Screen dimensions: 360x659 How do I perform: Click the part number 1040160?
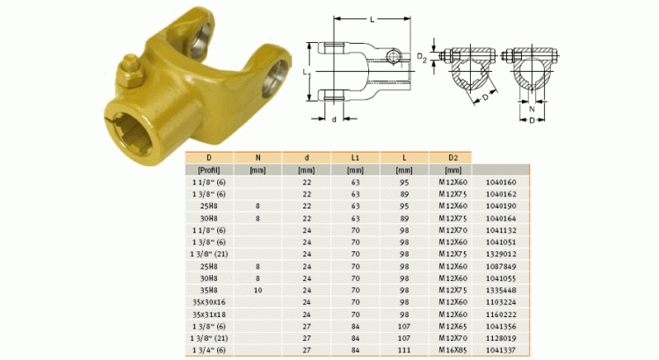click(x=502, y=182)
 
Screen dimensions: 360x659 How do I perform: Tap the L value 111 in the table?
click(x=403, y=349)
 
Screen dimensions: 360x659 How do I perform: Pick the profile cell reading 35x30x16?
click(x=209, y=301)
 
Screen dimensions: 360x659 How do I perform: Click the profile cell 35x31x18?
click(x=209, y=313)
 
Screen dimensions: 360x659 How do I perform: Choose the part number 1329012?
click(x=502, y=254)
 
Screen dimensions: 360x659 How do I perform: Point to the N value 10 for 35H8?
click(x=257, y=290)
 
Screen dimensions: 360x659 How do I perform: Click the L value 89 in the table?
click(x=403, y=194)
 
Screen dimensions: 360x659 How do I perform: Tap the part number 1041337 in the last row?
click(x=502, y=349)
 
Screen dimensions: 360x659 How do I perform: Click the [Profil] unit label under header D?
click(x=209, y=169)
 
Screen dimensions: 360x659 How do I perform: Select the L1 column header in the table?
click(x=355, y=157)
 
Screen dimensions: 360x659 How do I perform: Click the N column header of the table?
click(x=257, y=157)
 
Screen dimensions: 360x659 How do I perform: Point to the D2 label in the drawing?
click(x=422, y=59)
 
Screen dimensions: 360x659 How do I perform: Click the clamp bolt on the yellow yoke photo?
click(x=129, y=70)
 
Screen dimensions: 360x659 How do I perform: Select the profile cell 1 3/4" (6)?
click(x=209, y=349)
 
